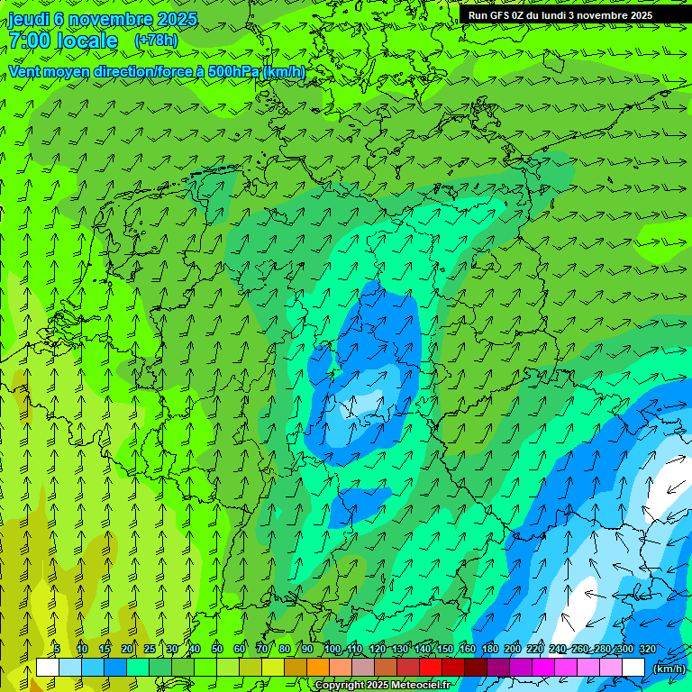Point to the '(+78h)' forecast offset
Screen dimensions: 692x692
(x=156, y=41)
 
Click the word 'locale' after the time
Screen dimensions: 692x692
(x=86, y=41)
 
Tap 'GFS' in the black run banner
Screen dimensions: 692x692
(x=504, y=15)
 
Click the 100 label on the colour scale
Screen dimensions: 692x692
(x=332, y=649)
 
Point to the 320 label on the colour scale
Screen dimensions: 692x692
(x=647, y=649)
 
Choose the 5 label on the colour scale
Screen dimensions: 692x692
(x=57, y=649)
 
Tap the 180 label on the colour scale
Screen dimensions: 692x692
(x=489, y=649)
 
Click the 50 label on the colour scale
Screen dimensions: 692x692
(x=217, y=649)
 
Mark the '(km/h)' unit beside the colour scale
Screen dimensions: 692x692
(x=668, y=669)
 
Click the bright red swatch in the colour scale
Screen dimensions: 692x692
(x=431, y=667)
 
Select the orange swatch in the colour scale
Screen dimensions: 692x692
(x=318, y=667)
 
